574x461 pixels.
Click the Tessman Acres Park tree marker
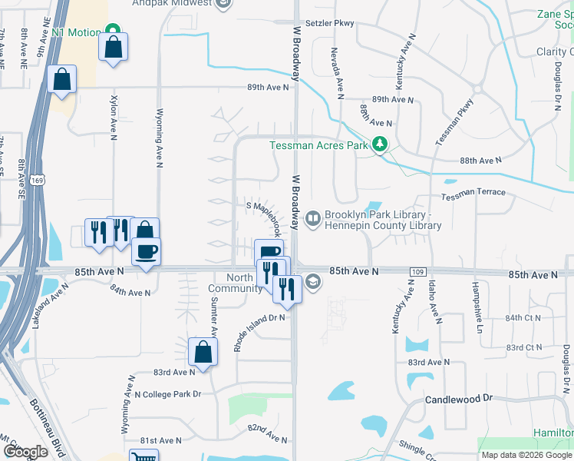coord(378,144)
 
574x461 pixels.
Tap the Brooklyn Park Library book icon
coord(313,220)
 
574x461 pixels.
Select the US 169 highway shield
coord(37,179)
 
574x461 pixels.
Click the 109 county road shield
coord(417,272)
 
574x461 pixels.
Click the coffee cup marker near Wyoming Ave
coord(146,251)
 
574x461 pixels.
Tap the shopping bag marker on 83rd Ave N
coord(201,353)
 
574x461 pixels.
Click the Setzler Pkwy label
coord(329,23)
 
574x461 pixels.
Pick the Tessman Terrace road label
coord(473,192)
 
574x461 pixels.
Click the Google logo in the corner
coord(26,452)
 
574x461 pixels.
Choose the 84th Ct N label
coord(523,317)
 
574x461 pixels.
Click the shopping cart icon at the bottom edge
coord(140,456)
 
